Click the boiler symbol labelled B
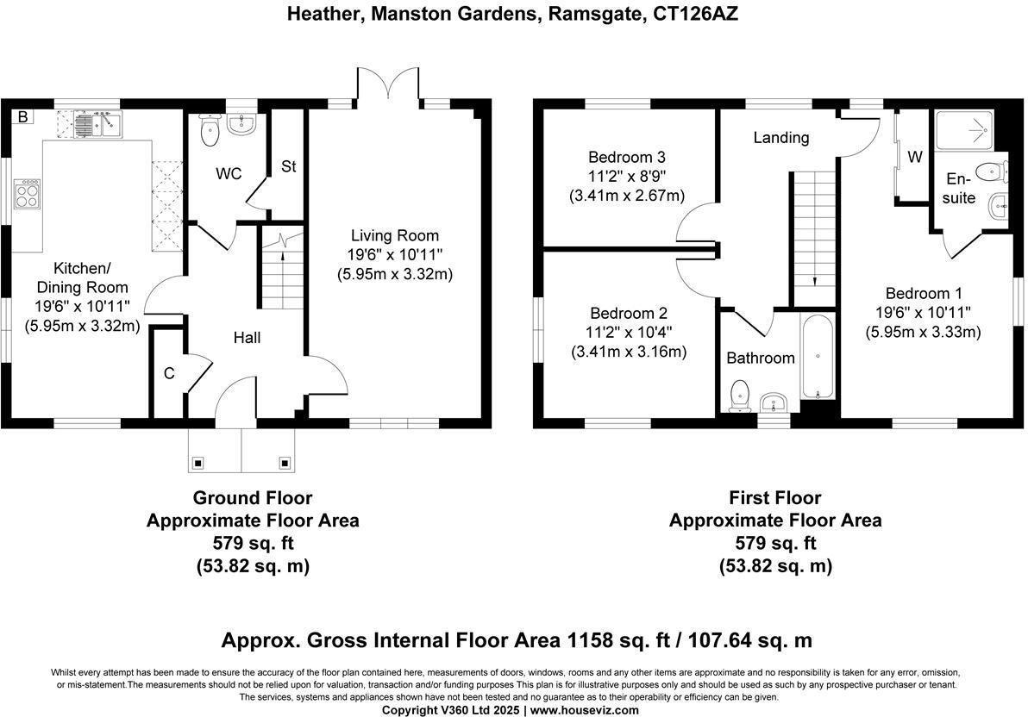(x=23, y=117)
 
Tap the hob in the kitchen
(x=27, y=193)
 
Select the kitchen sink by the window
(x=97, y=124)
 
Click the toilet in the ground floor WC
(x=210, y=130)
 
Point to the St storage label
(x=288, y=166)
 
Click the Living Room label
(x=395, y=235)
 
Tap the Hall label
(x=248, y=338)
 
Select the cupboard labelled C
(x=169, y=373)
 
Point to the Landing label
(x=780, y=138)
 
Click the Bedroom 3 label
(x=627, y=158)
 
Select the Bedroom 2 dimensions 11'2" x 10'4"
(x=629, y=333)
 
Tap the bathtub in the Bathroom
(x=817, y=357)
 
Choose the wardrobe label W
(x=914, y=158)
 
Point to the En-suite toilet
(x=992, y=172)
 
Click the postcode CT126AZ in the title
(x=696, y=14)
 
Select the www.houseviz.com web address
(x=584, y=710)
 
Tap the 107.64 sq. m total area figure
(x=750, y=639)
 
